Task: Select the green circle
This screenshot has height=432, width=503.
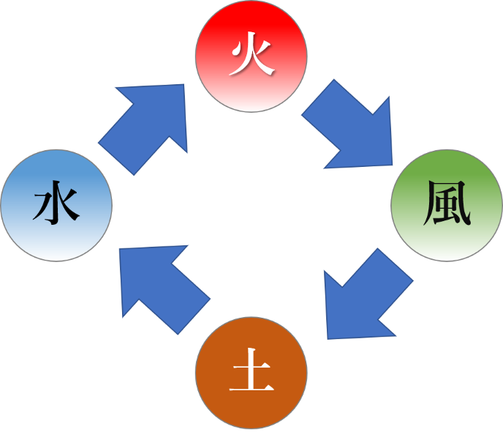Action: click(447, 206)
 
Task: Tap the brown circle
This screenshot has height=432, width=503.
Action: click(251, 373)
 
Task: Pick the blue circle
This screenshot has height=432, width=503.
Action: click(56, 206)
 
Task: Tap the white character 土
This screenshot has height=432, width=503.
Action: click(251, 374)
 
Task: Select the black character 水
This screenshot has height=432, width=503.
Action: click(56, 206)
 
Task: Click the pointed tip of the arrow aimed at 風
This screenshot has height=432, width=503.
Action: click(393, 164)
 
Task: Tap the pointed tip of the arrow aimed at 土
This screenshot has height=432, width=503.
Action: click(326, 338)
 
